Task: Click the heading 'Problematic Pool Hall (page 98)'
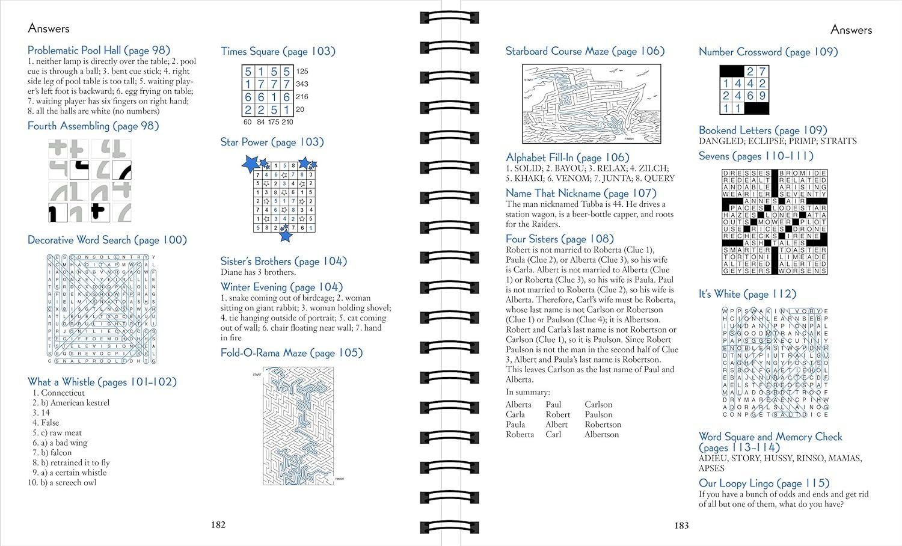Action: (x=99, y=51)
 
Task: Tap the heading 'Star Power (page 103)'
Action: (x=272, y=142)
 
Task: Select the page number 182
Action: (x=218, y=524)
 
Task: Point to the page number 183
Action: (x=681, y=525)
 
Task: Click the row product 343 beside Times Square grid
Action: (x=302, y=84)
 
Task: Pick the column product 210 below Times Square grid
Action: (x=287, y=122)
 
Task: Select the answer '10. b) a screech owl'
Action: (x=62, y=482)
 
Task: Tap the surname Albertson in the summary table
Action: (x=601, y=434)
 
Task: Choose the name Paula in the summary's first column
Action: (x=515, y=425)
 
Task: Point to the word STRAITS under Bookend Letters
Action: (x=838, y=141)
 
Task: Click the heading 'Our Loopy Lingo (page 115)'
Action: (x=764, y=483)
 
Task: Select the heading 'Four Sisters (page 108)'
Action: (x=559, y=239)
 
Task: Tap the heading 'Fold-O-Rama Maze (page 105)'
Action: (x=292, y=353)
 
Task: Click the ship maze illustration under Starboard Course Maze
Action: (x=592, y=103)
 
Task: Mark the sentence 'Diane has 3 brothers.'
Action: (x=258, y=272)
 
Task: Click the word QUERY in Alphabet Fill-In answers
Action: (x=658, y=178)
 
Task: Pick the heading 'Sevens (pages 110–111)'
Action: (x=756, y=156)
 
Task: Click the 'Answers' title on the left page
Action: (x=49, y=28)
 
